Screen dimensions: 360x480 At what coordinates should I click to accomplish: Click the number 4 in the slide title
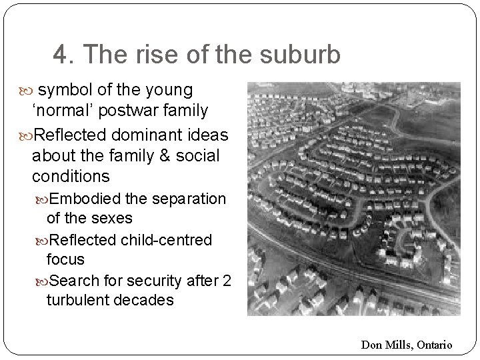click(59, 55)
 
